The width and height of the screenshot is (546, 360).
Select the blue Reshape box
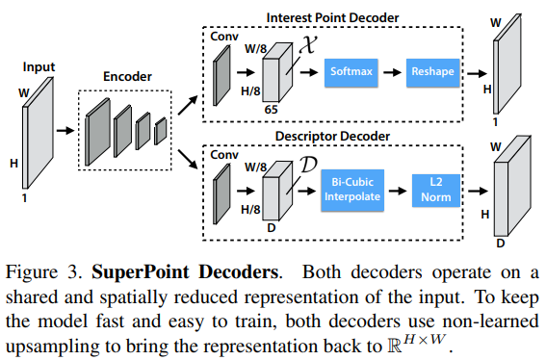431,71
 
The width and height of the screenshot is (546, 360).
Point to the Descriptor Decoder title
333,137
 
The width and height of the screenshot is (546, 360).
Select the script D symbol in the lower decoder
307,163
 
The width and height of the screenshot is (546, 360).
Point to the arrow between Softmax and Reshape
391,71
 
